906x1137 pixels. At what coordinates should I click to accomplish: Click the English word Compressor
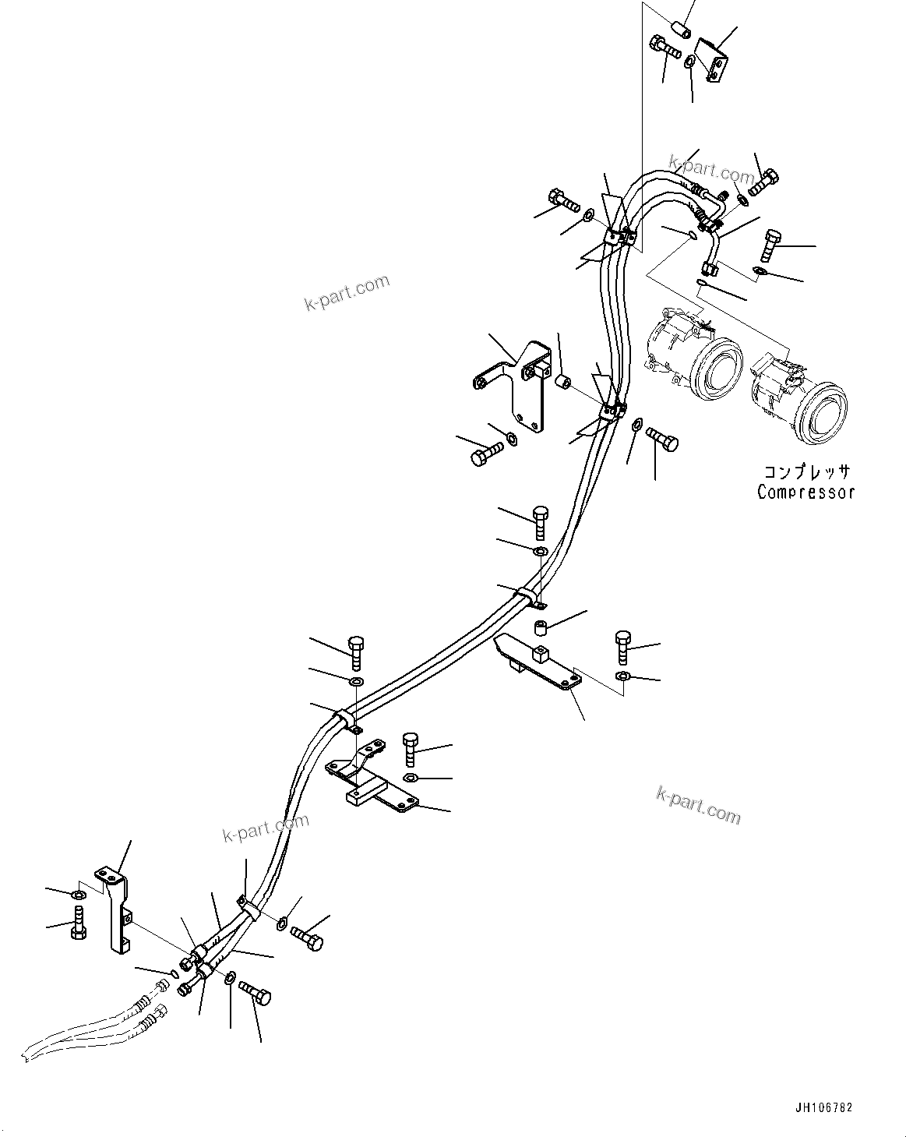pyautogui.click(x=805, y=492)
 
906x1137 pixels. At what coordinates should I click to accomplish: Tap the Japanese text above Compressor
pyautogui.click(x=806, y=471)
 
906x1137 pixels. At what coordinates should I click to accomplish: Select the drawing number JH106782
pyautogui.click(x=824, y=1106)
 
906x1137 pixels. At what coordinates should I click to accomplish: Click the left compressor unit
pyautogui.click(x=692, y=355)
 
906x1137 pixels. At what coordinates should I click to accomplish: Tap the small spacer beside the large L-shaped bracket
pyautogui.click(x=564, y=381)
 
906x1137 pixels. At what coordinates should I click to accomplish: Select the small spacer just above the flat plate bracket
pyautogui.click(x=541, y=627)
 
